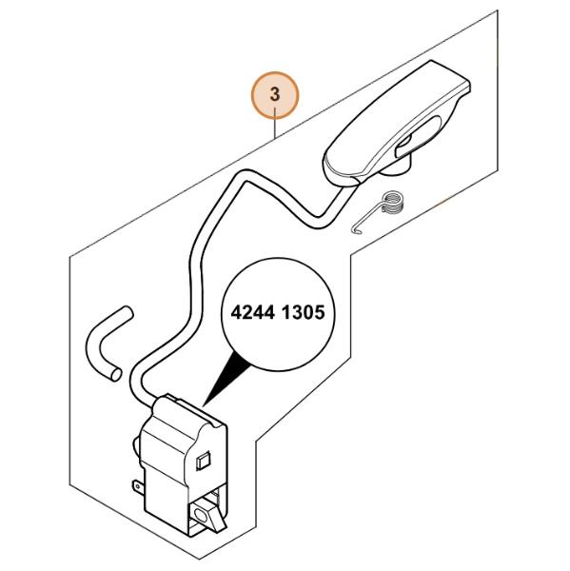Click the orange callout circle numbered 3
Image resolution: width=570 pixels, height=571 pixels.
pyautogui.click(x=275, y=95)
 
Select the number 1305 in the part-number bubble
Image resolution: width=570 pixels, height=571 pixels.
pyautogui.click(x=303, y=312)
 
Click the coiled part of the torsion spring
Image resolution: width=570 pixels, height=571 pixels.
pyautogui.click(x=393, y=204)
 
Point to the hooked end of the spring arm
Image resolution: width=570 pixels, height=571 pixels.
pyautogui.click(x=356, y=231)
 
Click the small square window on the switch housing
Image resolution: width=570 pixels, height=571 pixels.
pyautogui.click(x=204, y=462)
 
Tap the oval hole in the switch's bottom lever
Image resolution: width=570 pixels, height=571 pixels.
pyautogui.click(x=201, y=515)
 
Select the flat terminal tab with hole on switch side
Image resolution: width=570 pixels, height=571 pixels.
pyautogui.click(x=138, y=485)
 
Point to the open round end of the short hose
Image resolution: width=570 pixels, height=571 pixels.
pyautogui.click(x=115, y=374)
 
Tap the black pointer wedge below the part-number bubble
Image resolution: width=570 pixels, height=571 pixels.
pyautogui.click(x=226, y=379)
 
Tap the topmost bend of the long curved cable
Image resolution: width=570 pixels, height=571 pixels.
pyautogui.click(x=247, y=172)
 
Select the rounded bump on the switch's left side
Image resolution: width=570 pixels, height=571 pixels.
pyautogui.click(x=135, y=447)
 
